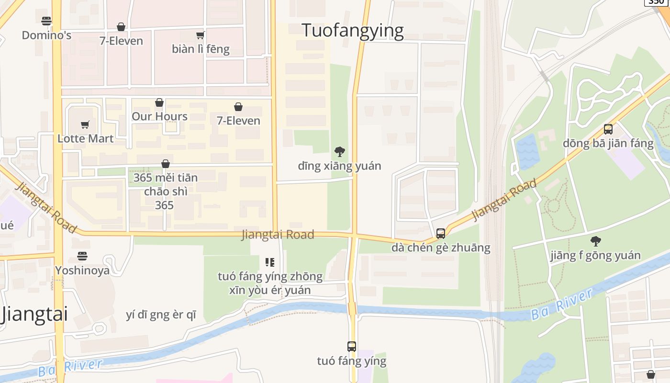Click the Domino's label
tap(46, 35)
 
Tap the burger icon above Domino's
tap(46, 21)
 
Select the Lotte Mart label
tap(85, 138)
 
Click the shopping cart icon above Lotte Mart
tap(85, 124)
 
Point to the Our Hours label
tap(159, 116)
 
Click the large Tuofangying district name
tap(353, 31)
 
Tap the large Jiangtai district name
tap(34, 315)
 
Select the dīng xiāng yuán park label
tap(339, 166)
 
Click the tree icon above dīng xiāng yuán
tap(339, 152)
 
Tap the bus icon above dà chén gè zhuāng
tap(441, 234)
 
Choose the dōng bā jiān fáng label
tap(608, 143)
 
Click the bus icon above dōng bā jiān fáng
tap(608, 129)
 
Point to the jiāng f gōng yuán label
tap(595, 255)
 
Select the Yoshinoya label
tap(82, 270)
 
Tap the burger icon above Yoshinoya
tap(82, 256)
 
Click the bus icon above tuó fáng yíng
tap(352, 346)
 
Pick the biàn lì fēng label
tap(201, 49)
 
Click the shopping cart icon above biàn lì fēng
tap(201, 34)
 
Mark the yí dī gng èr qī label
tap(161, 315)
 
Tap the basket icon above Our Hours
tap(159, 102)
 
